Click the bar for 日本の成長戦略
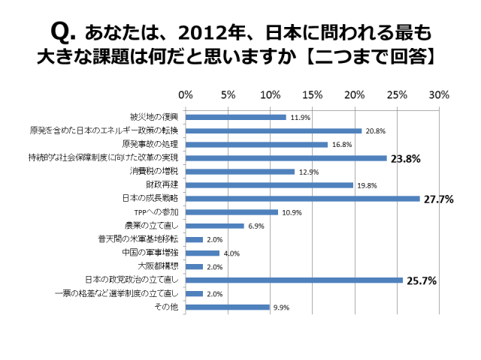(x=302, y=199)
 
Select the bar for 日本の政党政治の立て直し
(x=294, y=280)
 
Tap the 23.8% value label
(x=404, y=158)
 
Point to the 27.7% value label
(x=437, y=199)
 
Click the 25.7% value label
(x=421, y=281)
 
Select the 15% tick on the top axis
(x=312, y=95)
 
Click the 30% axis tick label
(x=439, y=95)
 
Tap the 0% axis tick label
(x=186, y=95)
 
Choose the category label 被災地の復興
(x=155, y=118)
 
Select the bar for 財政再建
(x=269, y=185)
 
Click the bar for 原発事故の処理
(x=256, y=144)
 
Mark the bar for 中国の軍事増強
(x=202, y=253)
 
